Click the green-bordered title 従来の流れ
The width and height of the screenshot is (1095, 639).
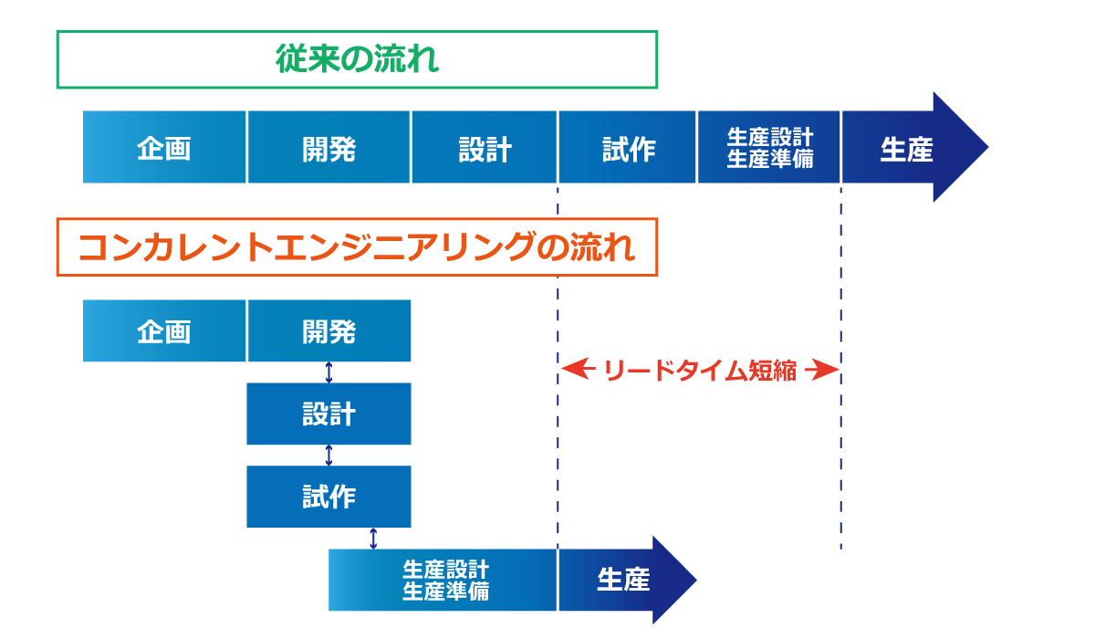[x=357, y=60]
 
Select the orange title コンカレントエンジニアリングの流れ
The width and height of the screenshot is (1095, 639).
[x=357, y=246]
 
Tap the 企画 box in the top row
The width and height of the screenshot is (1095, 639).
[x=164, y=148]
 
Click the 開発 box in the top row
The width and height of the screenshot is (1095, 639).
[x=328, y=148]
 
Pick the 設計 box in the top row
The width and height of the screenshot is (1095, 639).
[x=485, y=148]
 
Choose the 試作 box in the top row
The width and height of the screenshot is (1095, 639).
[x=628, y=148]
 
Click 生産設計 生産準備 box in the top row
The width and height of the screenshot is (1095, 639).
[x=769, y=148]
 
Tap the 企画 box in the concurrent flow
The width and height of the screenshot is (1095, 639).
[x=164, y=330]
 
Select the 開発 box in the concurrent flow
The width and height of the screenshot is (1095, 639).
[x=328, y=330]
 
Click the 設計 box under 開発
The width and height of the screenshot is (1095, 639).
[x=328, y=414]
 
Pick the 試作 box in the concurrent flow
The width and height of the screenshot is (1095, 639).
[x=328, y=497]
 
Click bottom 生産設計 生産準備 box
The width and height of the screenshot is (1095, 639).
[x=443, y=580]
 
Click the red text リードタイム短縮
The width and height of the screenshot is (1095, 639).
[x=700, y=371]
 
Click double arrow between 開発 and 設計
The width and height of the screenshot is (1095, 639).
[x=329, y=372]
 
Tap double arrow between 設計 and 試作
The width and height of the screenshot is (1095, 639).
[x=329, y=455]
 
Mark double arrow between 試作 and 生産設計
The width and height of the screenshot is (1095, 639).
[x=373, y=538]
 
